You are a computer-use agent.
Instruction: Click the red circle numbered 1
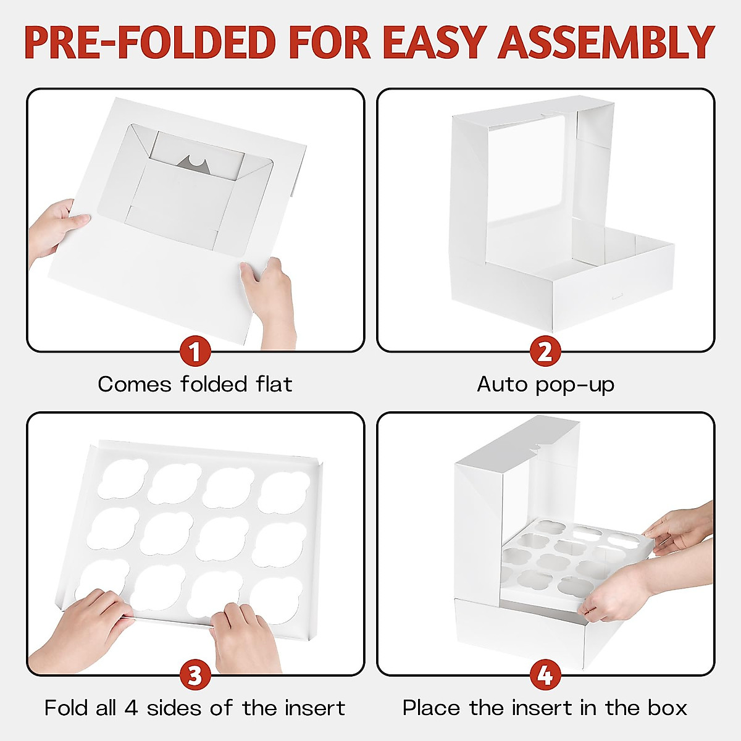195,353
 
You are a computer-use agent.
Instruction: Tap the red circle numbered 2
545,353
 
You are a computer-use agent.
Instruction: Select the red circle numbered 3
195,676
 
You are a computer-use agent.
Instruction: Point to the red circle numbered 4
545,676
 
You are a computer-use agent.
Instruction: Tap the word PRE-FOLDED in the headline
149,42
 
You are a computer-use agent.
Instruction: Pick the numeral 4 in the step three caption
131,708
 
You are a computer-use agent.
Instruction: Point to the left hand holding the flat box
56,228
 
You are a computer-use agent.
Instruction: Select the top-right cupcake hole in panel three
284,491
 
